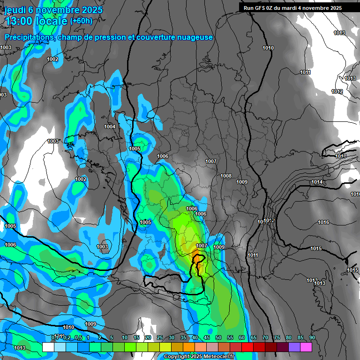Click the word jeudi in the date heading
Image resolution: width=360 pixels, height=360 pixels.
[x=15, y=10]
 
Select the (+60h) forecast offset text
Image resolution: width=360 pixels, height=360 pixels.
[x=81, y=21]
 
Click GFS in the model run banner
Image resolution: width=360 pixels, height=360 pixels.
[x=259, y=8]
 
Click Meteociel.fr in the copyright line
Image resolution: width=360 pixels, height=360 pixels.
[x=216, y=357]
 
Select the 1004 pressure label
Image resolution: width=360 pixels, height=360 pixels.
[x=110, y=127]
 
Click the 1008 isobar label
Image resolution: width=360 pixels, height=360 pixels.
[x=226, y=176]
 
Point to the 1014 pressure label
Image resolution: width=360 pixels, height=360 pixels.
[x=317, y=182]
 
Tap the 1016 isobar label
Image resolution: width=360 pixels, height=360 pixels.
[x=323, y=222]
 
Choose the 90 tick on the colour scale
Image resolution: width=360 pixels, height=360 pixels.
[x=312, y=338]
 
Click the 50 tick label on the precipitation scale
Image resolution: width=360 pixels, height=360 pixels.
[x=218, y=338]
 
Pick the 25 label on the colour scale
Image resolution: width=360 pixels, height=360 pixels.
[x=159, y=338]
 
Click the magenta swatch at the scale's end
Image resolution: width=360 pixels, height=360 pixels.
[x=306, y=347]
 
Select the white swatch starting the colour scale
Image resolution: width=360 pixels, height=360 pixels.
[x=48, y=347]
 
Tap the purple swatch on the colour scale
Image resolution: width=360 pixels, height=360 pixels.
[x=294, y=347]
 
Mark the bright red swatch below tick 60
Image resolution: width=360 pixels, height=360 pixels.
[x=247, y=347]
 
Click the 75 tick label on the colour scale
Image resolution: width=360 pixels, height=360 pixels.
[x=277, y=338]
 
